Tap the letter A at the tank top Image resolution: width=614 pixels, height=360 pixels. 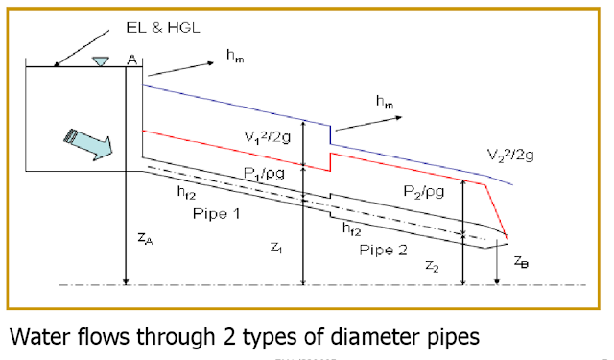click(x=132, y=60)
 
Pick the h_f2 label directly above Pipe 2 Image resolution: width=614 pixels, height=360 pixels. click(x=352, y=229)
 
